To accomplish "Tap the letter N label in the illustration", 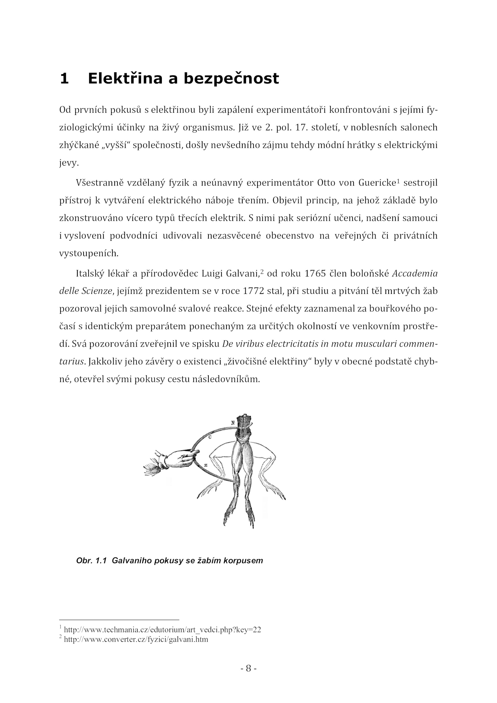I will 232,423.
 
